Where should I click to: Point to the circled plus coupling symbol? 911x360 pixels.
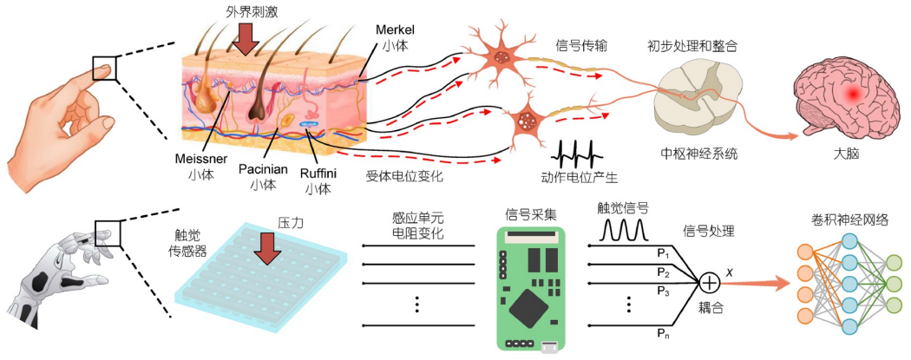coord(710,281)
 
